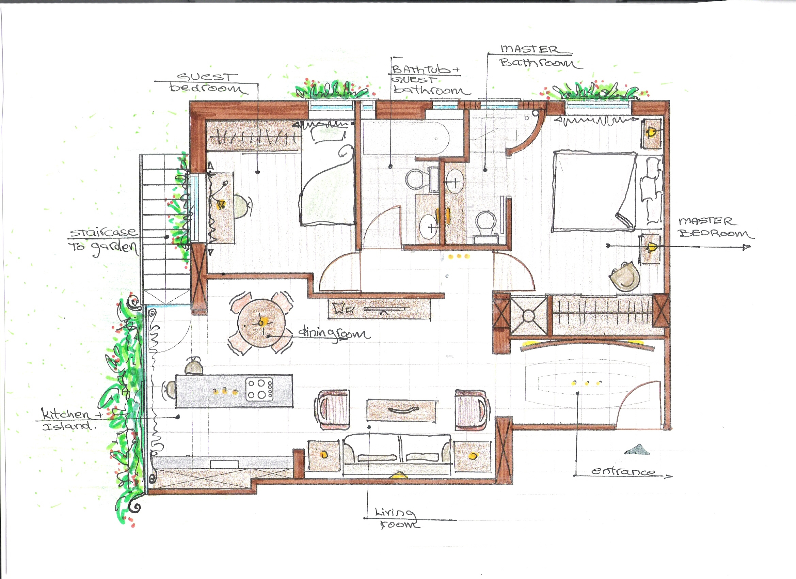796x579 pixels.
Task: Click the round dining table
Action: pyautogui.click(x=261, y=323)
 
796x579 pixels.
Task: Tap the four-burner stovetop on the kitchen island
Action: pyautogui.click(x=260, y=389)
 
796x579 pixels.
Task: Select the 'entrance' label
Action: pyautogui.click(x=623, y=471)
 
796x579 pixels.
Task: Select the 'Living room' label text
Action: pyautogui.click(x=397, y=518)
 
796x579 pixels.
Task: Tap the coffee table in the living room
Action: pyautogui.click(x=402, y=410)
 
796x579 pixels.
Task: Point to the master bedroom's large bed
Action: pyautogui.click(x=594, y=191)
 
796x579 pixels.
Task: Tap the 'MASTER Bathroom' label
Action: pyautogui.click(x=539, y=56)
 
